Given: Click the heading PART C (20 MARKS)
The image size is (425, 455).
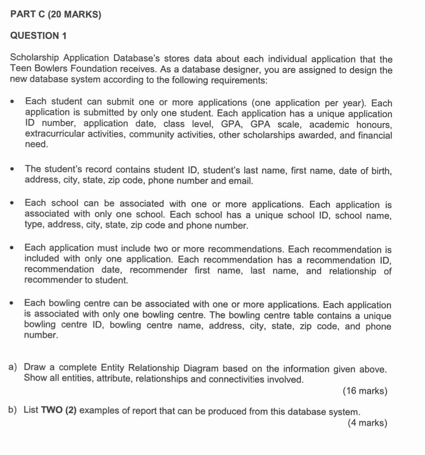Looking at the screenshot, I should click(x=55, y=15).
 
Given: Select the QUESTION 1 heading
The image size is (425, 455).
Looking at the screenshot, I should click(x=38, y=36).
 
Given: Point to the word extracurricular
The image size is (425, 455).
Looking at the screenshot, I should click(x=55, y=134).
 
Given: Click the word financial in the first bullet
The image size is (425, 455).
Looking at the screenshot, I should click(x=375, y=135).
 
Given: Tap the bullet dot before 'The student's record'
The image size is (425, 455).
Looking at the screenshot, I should click(x=13, y=169).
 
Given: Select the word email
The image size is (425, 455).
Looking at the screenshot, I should click(x=240, y=181).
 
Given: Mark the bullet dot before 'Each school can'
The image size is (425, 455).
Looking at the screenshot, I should click(x=13, y=203).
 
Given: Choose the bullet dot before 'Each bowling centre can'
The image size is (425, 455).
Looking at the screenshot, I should click(x=13, y=303).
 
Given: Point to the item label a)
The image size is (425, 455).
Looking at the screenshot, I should click(x=13, y=367).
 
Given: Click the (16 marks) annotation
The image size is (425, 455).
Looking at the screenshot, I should click(x=365, y=391).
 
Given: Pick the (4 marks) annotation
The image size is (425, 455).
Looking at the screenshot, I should click(x=367, y=423).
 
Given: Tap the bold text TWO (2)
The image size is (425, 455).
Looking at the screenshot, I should click(x=59, y=410).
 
